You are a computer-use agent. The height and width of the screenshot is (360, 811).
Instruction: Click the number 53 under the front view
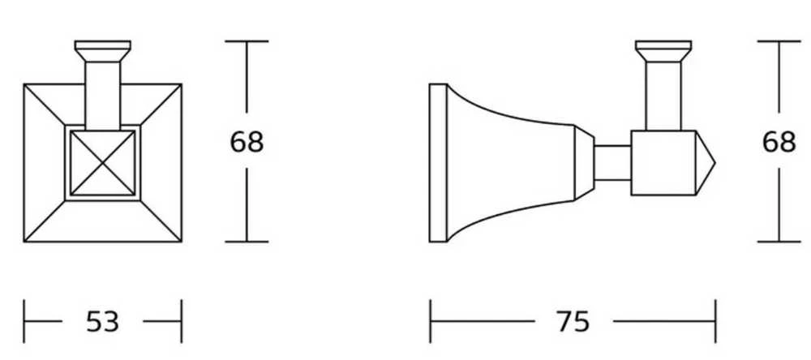[x=102, y=321]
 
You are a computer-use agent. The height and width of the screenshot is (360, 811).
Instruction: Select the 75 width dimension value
[x=573, y=321]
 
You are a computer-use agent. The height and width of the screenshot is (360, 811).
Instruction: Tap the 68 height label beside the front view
[x=247, y=141]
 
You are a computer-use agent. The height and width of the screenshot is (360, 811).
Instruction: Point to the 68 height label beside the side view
[x=779, y=141]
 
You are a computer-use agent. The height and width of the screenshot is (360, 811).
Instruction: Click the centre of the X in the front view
[x=102, y=163]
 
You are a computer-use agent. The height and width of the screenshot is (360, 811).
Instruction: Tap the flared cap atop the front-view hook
[x=102, y=51]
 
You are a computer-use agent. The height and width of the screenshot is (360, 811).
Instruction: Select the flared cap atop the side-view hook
[x=663, y=51]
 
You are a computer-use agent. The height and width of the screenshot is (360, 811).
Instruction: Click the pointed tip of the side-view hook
[x=714, y=163]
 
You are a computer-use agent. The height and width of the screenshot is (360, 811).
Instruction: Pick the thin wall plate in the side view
[x=438, y=163]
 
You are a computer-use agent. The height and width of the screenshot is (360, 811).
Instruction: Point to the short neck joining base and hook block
[x=612, y=163]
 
